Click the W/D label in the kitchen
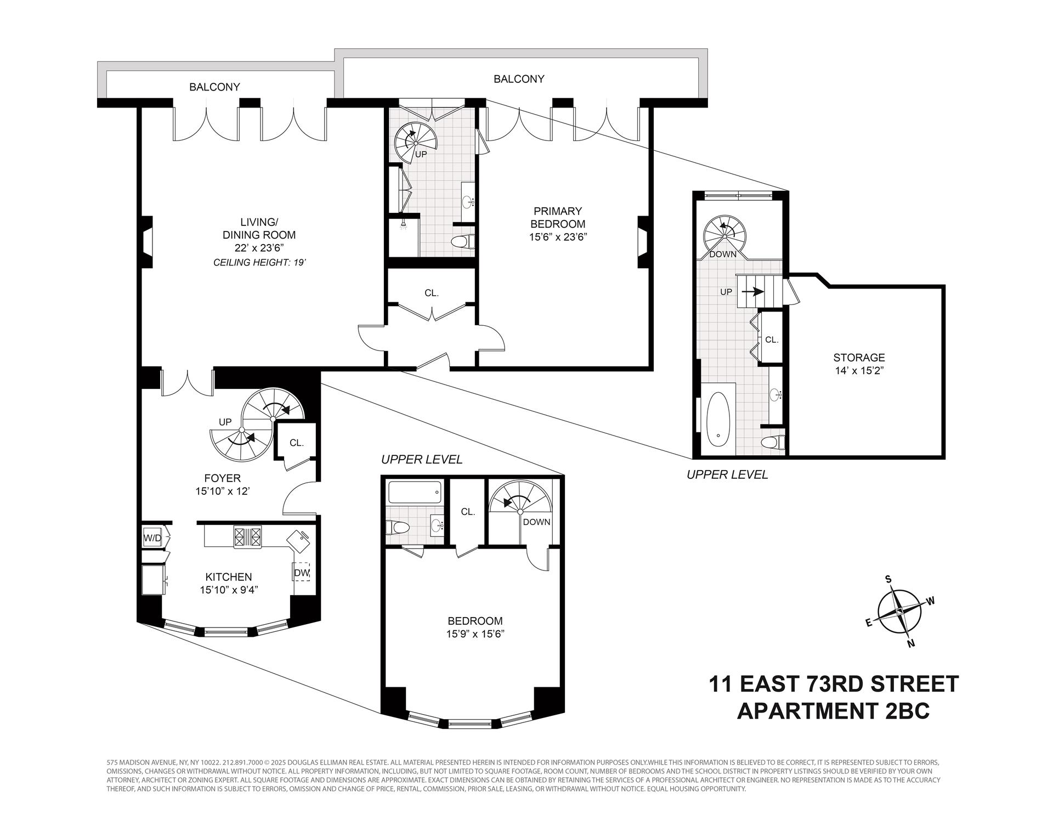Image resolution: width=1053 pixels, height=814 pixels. tap(152, 538)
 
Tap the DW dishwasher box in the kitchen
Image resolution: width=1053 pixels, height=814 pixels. tap(302, 572)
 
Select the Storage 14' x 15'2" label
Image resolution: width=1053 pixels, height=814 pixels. tap(858, 364)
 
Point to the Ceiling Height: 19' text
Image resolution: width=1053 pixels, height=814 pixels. tap(259, 263)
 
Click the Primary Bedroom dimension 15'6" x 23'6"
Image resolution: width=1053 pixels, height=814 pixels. tap(558, 237)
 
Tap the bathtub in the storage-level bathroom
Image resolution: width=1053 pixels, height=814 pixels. tap(718, 422)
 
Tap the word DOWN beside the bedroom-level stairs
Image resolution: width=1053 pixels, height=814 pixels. tap(536, 522)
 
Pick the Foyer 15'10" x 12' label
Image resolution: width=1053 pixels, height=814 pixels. tap(223, 485)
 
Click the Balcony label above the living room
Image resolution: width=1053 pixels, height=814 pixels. tap(214, 87)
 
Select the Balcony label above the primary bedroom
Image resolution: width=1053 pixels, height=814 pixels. tap(519, 79)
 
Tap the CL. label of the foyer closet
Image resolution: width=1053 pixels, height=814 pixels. tap(297, 443)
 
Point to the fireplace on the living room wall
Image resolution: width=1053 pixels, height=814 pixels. tap(147, 242)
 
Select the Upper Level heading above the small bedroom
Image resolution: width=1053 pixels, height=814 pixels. tap(422, 459)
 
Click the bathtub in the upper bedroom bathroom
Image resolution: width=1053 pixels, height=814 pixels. tap(415, 493)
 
